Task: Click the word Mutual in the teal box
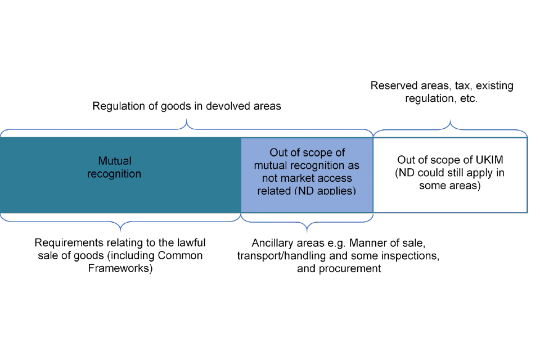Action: (114, 161)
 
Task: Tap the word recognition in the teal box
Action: (114, 174)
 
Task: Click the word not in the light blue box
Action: (269, 178)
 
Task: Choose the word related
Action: (274, 191)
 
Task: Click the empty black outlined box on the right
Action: (450, 175)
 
